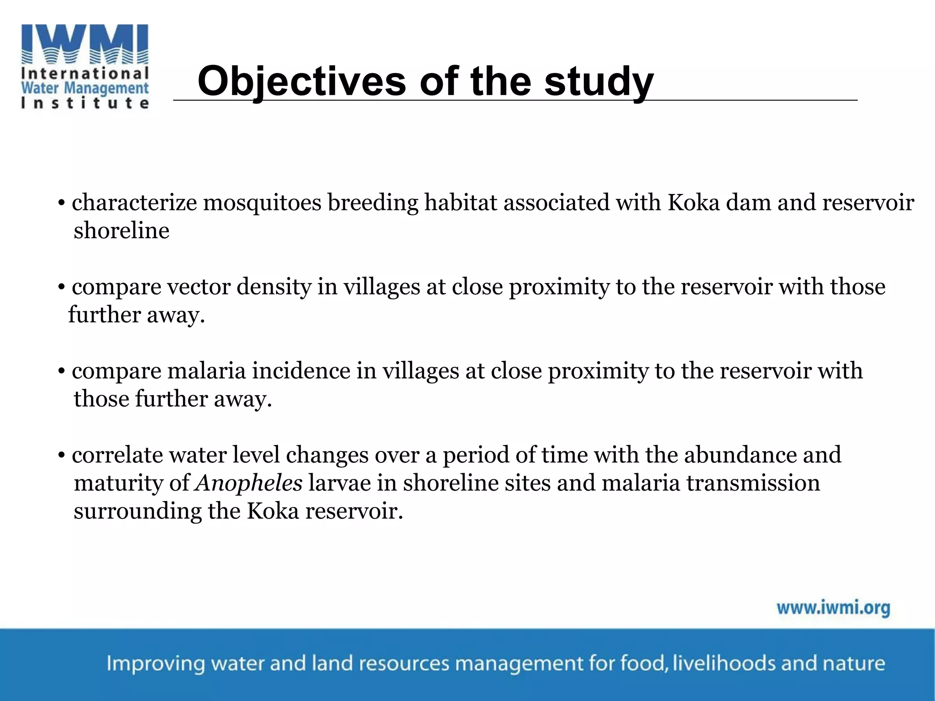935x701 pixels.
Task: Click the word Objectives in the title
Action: coord(301,81)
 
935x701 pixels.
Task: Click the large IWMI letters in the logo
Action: coord(85,43)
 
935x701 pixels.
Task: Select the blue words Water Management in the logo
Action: coord(85,88)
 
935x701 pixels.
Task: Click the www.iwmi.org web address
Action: coord(833,608)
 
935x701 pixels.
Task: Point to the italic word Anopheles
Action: coord(249,483)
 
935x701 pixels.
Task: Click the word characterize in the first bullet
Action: coord(134,203)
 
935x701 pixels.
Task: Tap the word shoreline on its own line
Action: coord(121,230)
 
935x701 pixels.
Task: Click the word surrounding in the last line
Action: coord(137,511)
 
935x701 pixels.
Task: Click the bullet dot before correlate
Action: coord(61,455)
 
